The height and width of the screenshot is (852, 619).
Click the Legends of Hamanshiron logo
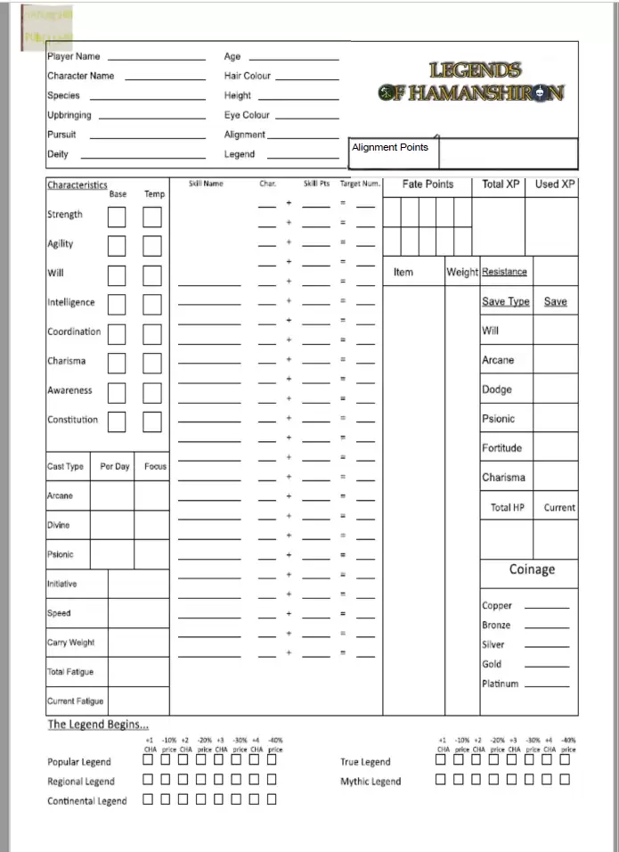point(471,81)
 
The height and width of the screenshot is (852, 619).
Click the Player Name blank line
point(157,58)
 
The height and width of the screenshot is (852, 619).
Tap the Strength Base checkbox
point(117,217)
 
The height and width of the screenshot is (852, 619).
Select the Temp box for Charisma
point(152,363)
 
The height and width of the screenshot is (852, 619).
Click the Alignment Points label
point(389,147)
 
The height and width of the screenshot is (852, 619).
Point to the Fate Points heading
point(428,184)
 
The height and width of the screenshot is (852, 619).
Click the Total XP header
point(500,184)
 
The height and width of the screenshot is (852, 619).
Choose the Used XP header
point(555,184)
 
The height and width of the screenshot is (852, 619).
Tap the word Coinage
point(532,569)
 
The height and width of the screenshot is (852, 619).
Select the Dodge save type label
point(497,389)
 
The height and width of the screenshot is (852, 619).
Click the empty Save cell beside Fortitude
point(555,447)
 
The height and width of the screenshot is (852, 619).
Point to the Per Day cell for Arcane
point(112,496)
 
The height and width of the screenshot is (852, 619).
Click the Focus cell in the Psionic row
point(152,554)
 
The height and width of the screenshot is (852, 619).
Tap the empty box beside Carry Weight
point(138,643)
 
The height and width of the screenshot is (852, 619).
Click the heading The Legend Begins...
point(98,724)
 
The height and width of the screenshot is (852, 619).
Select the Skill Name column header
point(206,184)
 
